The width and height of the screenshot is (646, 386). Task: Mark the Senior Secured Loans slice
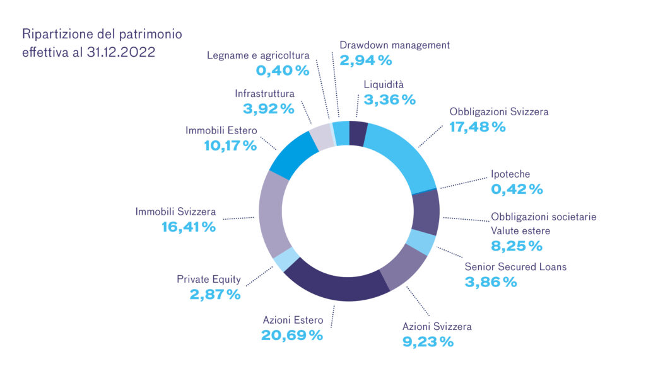tap(420, 242)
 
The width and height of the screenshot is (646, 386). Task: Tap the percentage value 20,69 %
tap(292, 334)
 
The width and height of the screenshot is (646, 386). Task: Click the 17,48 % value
tap(478, 127)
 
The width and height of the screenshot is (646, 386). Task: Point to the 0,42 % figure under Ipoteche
tap(517, 189)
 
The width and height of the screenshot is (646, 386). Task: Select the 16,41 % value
tap(188, 227)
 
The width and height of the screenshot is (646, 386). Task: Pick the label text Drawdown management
tap(394, 45)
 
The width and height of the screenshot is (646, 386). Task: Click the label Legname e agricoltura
tap(258, 55)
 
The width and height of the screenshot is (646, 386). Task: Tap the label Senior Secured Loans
tap(515, 267)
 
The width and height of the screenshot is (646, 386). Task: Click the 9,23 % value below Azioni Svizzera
tap(428, 342)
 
